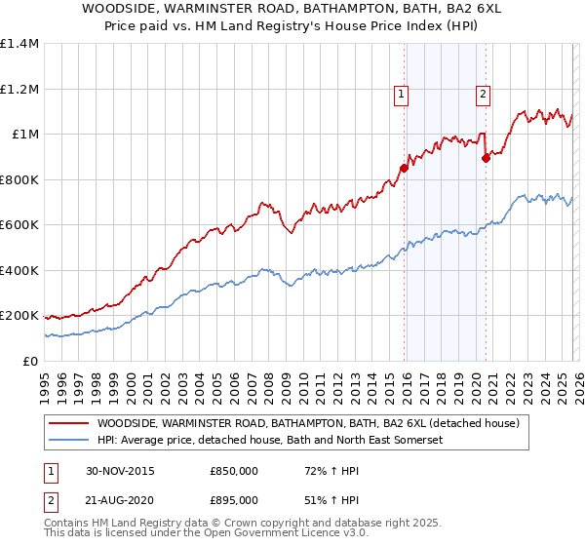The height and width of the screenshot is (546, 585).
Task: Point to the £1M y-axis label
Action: click(22, 134)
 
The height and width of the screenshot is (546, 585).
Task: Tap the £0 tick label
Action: click(29, 361)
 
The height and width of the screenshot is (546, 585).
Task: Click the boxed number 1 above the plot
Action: click(402, 95)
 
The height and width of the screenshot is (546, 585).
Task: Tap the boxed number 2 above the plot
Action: click(483, 95)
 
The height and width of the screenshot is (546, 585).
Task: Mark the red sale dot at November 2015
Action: click(404, 169)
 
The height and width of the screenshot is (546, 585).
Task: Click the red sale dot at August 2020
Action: click(486, 159)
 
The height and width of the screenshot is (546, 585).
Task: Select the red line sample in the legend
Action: click(68, 423)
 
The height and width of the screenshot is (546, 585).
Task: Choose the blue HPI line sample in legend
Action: click(68, 440)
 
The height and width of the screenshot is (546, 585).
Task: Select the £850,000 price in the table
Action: click(234, 470)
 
